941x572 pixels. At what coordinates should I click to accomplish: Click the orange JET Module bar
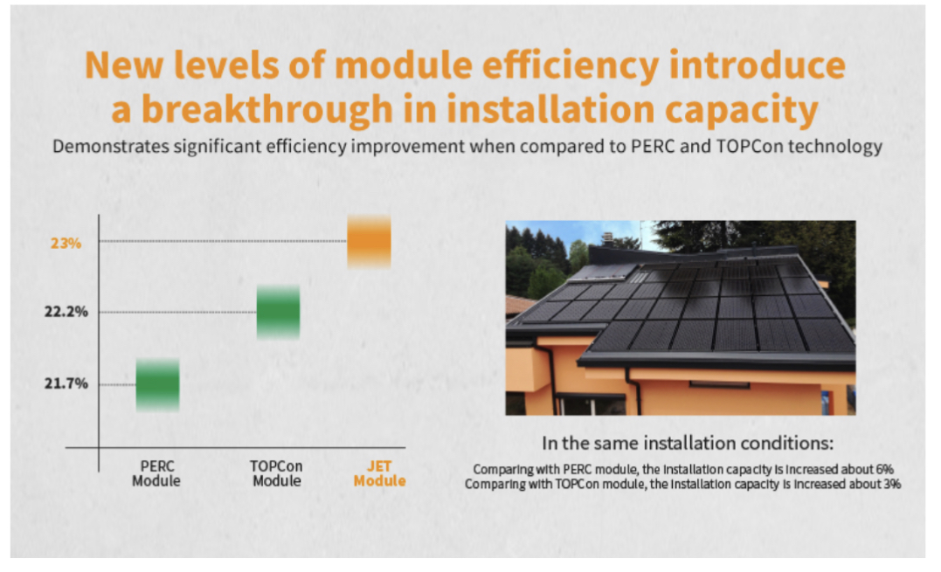(369, 241)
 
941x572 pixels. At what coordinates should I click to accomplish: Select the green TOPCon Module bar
(279, 312)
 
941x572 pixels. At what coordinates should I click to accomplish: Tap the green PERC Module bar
(158, 385)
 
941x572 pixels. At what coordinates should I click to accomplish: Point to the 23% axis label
(66, 243)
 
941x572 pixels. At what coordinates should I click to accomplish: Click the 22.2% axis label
(66, 311)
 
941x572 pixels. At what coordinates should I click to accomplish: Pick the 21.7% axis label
(66, 383)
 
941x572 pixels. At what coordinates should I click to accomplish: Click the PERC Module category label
(156, 473)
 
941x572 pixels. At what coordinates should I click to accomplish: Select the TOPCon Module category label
(277, 473)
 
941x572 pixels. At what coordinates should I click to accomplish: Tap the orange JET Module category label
(379, 473)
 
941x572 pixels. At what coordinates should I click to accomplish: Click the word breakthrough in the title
(267, 108)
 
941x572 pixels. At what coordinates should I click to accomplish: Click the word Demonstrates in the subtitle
(111, 147)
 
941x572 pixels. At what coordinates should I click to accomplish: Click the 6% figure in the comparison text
(884, 470)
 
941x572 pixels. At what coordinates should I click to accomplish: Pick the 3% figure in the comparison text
(892, 484)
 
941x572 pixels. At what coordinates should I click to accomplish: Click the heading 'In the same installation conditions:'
(688, 443)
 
